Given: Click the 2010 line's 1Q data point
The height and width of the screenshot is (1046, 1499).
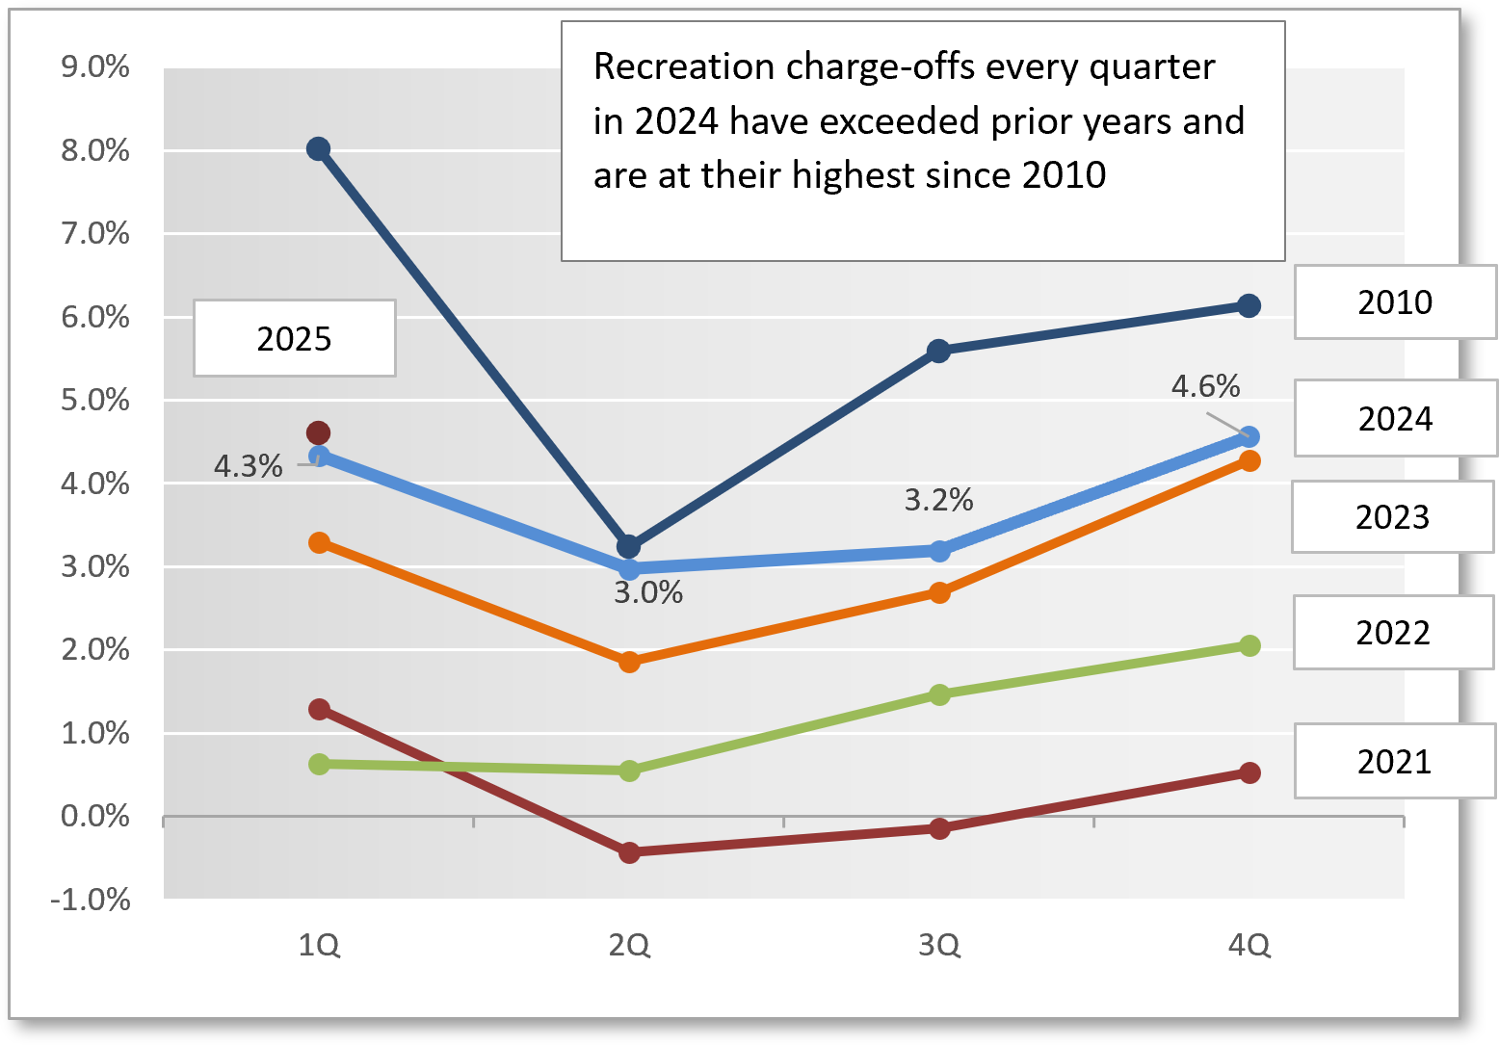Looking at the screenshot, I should (x=319, y=148).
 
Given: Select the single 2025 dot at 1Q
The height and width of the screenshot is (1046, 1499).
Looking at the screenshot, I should (x=318, y=432).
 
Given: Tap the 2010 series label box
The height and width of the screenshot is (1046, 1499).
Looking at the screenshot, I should (x=1394, y=302).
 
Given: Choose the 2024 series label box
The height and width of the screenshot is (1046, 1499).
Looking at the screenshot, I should (x=1394, y=419).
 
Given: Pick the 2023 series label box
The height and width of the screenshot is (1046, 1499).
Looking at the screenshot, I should (x=1392, y=517).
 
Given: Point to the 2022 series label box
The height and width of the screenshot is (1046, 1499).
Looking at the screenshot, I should (x=1392, y=633).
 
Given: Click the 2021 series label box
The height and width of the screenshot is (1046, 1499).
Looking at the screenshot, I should (x=1393, y=762).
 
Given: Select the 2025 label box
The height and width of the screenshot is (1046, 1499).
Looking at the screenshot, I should (x=294, y=338).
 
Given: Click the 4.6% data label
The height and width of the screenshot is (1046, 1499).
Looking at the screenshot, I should (x=1205, y=386).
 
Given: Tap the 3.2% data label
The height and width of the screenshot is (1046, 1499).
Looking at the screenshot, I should (x=938, y=500).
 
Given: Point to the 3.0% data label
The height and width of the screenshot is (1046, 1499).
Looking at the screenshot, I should (x=648, y=592).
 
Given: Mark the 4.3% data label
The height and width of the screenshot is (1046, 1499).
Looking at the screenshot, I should (x=248, y=466).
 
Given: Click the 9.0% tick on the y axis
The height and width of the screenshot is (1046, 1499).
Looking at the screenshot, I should (x=95, y=67).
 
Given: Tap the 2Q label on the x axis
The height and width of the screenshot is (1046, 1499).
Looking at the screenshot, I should (x=629, y=946).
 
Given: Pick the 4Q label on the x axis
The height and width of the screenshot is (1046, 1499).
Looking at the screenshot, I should (x=1249, y=946).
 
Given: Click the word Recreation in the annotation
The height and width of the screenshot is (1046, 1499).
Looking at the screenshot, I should (x=684, y=66).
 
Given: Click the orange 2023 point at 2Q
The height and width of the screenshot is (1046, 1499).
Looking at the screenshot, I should (x=629, y=662).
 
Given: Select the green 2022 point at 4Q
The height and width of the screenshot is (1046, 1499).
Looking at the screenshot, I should (x=1249, y=645).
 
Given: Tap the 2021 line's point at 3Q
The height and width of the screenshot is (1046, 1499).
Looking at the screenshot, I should (x=939, y=828).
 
